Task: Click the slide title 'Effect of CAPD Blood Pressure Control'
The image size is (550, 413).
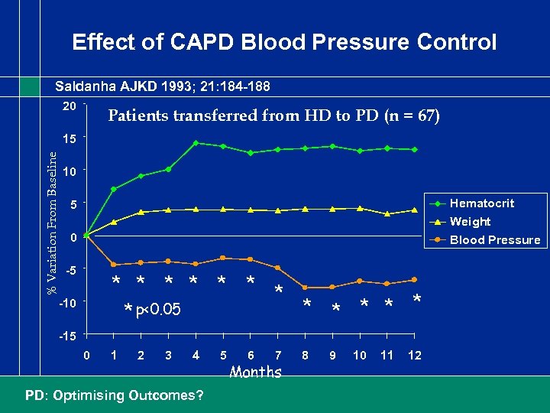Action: coord(284,41)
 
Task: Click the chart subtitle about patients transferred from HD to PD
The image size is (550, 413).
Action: coord(274,116)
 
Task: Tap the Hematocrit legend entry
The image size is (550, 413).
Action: coord(481,203)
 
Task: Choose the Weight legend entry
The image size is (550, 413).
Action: coord(470,222)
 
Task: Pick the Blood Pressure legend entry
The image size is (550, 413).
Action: coord(495,240)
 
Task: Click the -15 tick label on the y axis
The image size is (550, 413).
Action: coord(67,337)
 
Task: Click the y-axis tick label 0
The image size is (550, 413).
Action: coord(72,238)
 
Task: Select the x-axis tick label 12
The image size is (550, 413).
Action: coord(415,356)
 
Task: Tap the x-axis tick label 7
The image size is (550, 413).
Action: coord(278,356)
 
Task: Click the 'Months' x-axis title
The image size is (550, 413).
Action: coord(256,373)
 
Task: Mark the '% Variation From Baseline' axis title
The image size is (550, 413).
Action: coord(52,223)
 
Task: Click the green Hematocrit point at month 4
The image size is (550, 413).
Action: coord(196,143)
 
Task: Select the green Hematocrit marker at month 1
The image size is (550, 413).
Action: coord(113,189)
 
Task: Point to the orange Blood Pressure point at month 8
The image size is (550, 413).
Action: coord(305,288)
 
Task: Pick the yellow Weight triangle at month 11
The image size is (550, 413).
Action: coord(387,213)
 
